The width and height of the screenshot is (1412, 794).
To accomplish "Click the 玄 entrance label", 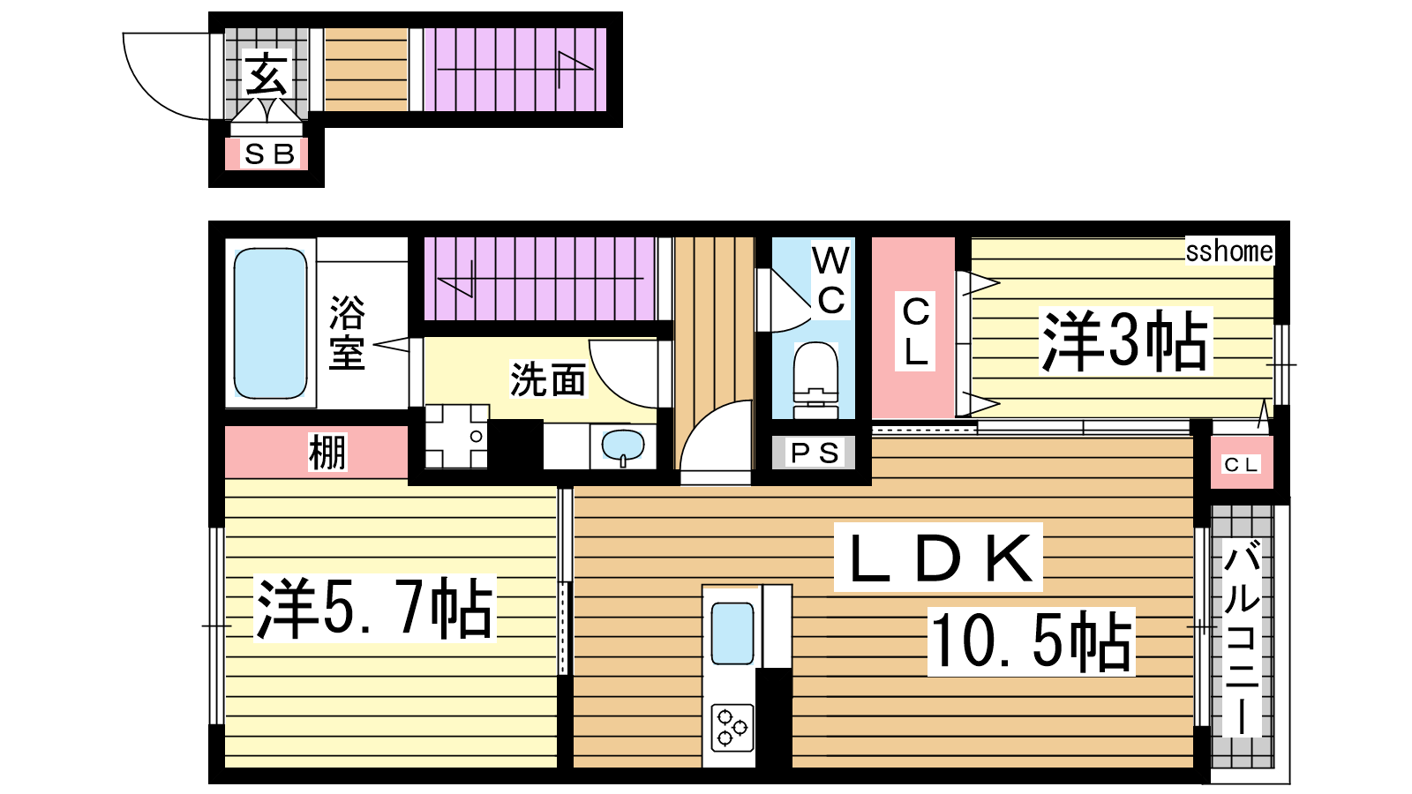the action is (267, 74).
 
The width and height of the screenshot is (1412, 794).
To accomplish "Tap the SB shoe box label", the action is (270, 154).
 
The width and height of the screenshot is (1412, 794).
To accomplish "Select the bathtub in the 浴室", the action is (270, 323).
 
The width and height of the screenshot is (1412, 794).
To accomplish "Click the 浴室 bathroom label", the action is (348, 333).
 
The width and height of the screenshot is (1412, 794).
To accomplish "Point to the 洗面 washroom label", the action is (548, 379).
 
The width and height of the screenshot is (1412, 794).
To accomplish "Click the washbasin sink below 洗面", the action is (623, 446).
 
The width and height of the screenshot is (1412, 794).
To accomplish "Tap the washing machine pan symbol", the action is (457, 436).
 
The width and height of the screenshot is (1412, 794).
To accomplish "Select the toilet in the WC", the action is (815, 380).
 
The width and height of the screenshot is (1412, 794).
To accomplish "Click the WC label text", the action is (831, 281).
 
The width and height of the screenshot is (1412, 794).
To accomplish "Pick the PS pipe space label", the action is (815, 453).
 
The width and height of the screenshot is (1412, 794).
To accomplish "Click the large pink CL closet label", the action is (916, 332).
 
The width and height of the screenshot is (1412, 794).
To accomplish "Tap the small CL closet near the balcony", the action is (1241, 465).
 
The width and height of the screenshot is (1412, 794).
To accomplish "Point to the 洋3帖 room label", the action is (1124, 341).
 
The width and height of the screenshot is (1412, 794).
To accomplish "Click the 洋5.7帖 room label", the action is (374, 609).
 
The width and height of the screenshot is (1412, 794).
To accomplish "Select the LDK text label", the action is (939, 558).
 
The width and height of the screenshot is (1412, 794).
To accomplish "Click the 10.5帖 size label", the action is (1032, 641).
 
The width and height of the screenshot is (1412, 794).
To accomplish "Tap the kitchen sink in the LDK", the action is (732, 633).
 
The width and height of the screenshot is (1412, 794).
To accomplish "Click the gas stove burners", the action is (732, 728).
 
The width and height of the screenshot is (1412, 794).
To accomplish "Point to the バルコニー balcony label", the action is (1242, 638).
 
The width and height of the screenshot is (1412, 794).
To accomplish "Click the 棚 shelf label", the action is (327, 452).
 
